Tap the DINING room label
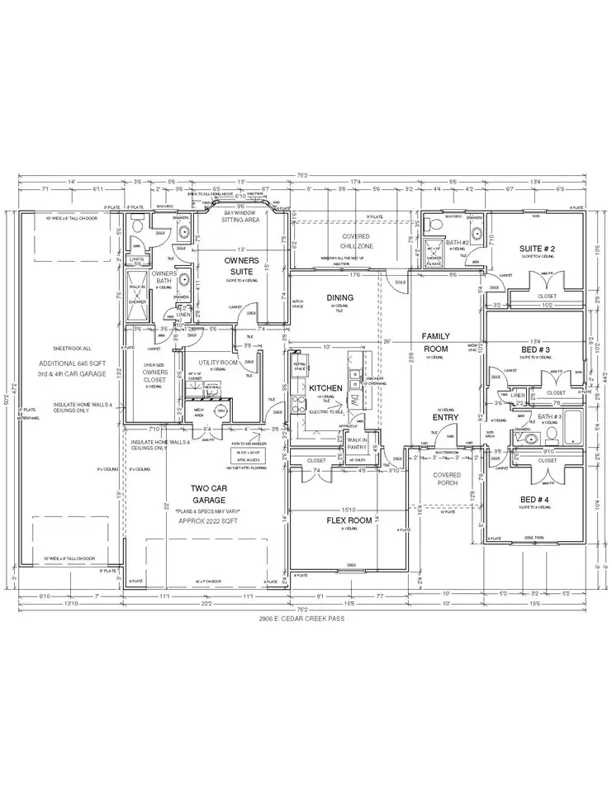tap(339, 297)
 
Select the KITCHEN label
tap(325, 387)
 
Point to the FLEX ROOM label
tap(349, 521)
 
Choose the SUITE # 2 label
tap(537, 248)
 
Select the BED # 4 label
tap(537, 499)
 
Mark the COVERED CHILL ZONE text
tap(356, 241)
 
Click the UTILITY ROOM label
tap(218, 362)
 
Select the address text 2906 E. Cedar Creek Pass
tap(305, 617)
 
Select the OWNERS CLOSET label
tap(154, 376)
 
